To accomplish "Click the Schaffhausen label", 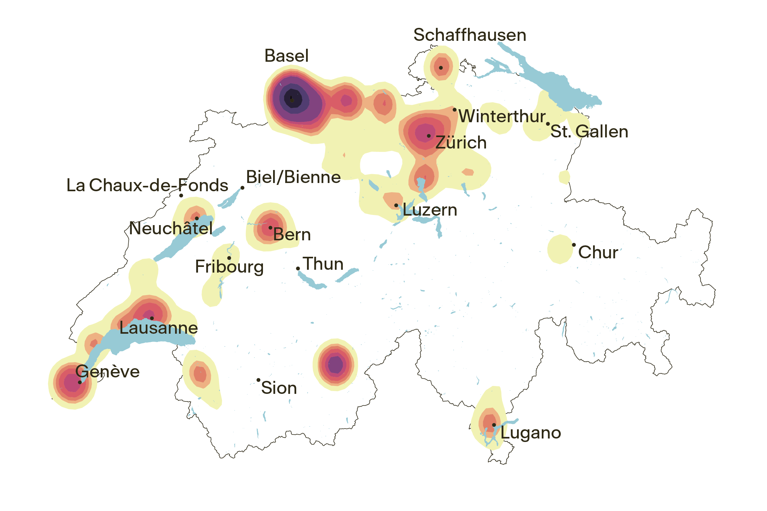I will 470,35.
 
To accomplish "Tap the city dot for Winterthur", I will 455,110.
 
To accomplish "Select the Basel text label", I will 286,56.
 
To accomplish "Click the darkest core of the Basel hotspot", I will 292,98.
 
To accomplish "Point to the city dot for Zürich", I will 429,136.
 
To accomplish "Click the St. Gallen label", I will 589,132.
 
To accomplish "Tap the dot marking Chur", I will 574,245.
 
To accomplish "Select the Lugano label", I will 531,433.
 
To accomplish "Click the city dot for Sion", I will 258,380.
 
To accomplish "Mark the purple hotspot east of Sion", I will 335,364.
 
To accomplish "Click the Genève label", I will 107,372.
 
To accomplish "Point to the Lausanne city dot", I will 152,319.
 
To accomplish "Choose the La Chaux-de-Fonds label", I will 147,186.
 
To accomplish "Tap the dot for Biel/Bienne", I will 242,188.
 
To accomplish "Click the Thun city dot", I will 298,268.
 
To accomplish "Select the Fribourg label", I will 229,267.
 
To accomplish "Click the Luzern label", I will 430,210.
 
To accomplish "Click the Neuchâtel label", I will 171,228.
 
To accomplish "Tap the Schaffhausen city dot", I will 441,68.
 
